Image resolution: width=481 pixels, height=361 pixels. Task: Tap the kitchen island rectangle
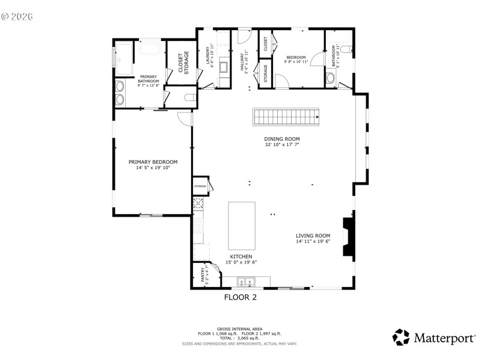click(x=241, y=225)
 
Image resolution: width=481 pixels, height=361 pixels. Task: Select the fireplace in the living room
click(x=349, y=238)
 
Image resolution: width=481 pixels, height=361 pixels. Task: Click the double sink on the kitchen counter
click(x=246, y=281)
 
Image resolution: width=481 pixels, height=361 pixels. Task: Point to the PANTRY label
click(x=203, y=276)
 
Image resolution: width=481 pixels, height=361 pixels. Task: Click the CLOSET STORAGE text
click(x=182, y=63)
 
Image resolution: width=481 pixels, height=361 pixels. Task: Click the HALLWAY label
click(x=243, y=60)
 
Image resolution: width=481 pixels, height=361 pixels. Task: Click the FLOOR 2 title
click(x=240, y=297)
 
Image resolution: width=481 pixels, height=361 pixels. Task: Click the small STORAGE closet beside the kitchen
click(x=200, y=187)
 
